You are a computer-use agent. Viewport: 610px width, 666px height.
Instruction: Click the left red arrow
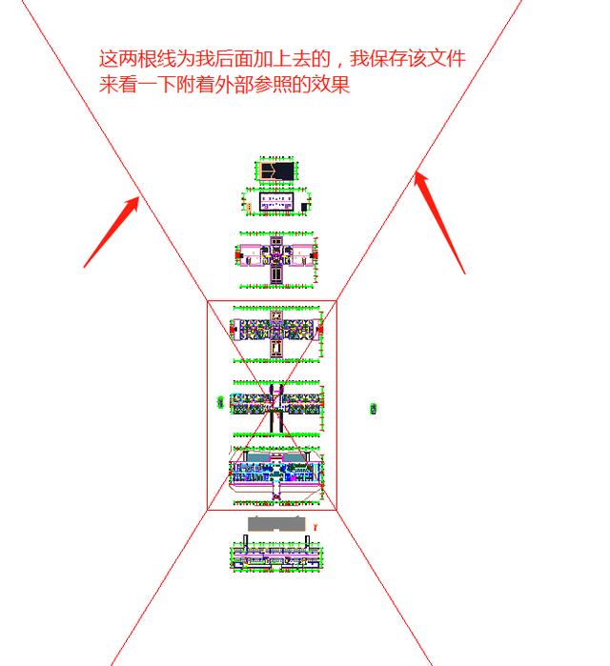point(112,230)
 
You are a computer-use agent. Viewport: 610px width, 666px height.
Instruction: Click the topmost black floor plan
point(276,171)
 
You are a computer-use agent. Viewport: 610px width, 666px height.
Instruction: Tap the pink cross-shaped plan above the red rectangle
point(276,258)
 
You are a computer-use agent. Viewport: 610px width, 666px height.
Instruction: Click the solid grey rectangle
point(277,524)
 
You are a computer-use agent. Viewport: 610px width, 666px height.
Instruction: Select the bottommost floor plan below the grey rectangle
point(277,555)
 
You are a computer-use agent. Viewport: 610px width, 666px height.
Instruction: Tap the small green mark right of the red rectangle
point(374,409)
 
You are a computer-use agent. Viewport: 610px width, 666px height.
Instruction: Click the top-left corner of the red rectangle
point(208,302)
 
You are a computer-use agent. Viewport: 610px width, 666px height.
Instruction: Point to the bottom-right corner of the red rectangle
point(336,510)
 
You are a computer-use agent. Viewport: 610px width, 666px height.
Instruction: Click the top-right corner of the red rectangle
point(336,302)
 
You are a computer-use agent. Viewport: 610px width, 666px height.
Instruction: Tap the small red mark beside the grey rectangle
point(315,526)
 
